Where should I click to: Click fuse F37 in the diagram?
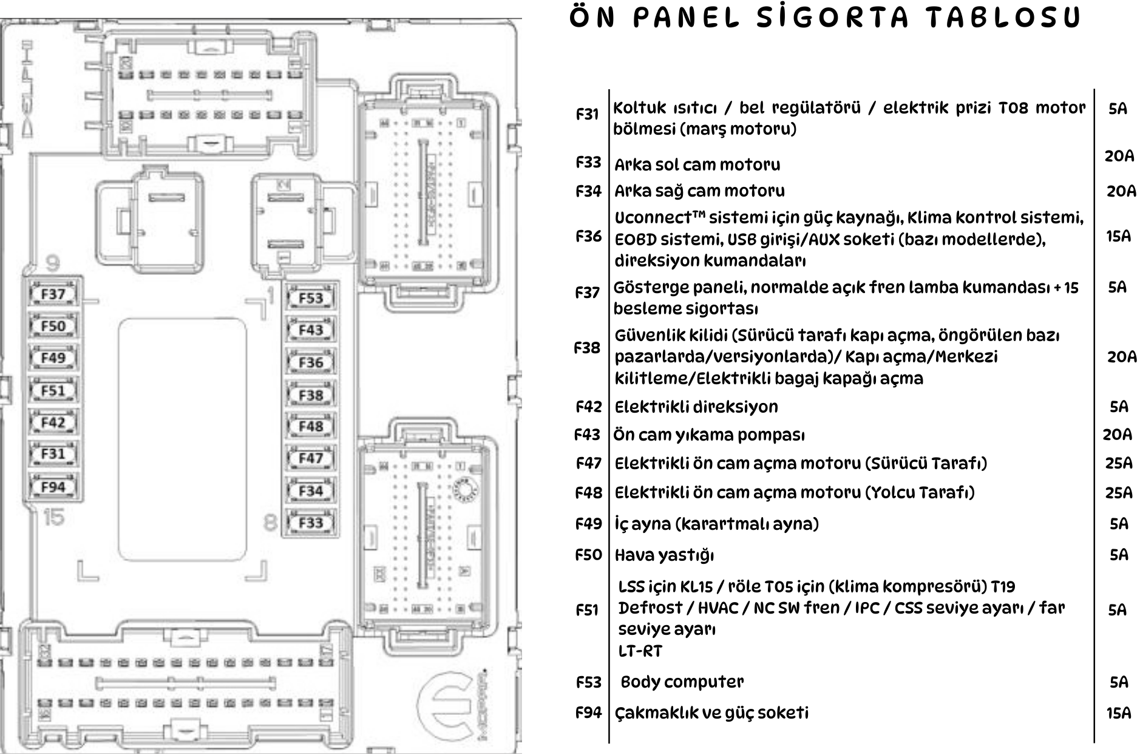click(x=53, y=294)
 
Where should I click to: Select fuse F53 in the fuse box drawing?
click(x=311, y=298)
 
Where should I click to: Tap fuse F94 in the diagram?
click(x=53, y=487)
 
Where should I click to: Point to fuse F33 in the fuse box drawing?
click(x=311, y=523)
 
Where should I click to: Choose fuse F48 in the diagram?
click(x=311, y=427)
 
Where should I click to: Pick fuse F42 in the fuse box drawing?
click(x=53, y=422)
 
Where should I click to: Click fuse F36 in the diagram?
click(x=311, y=363)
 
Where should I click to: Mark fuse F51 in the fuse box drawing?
click(x=53, y=391)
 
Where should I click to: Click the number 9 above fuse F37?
click(x=53, y=263)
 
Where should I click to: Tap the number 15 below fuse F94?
click(x=53, y=518)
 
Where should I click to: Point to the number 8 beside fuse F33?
click(x=271, y=522)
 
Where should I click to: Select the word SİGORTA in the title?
click(x=832, y=18)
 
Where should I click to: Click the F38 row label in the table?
click(x=587, y=348)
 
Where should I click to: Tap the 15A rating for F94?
click(x=1118, y=713)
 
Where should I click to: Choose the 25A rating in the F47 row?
click(x=1118, y=464)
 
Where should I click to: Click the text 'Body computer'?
click(x=682, y=682)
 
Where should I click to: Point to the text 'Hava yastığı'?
click(x=664, y=555)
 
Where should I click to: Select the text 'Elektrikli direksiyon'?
click(x=696, y=407)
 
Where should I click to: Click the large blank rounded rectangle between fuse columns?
click(x=183, y=439)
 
